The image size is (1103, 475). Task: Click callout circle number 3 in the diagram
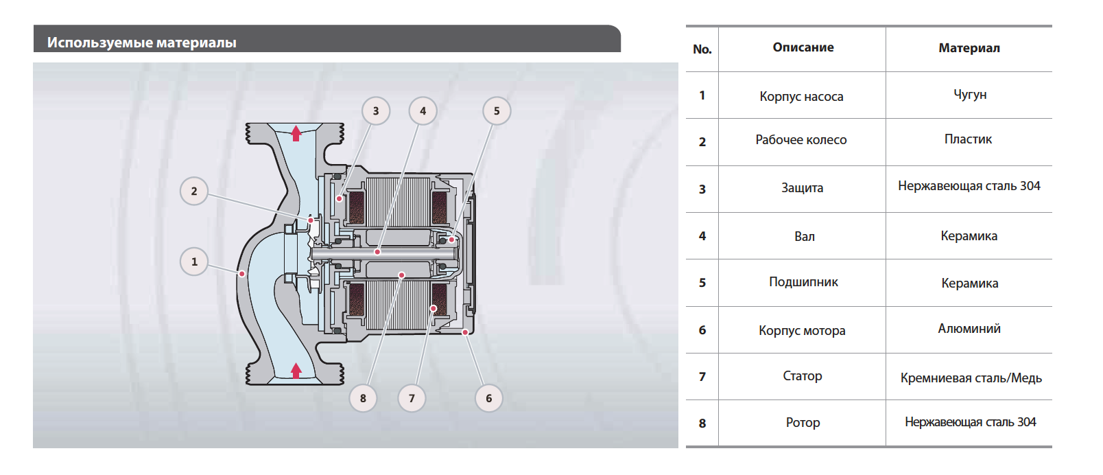click(376, 111)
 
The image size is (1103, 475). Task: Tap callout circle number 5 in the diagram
click(497, 111)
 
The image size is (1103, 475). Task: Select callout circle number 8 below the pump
click(363, 398)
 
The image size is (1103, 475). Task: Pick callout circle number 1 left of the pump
click(194, 262)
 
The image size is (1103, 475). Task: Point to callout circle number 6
click(488, 398)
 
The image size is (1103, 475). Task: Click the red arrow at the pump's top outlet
click(296, 133)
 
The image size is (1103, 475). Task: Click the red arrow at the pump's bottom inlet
click(296, 371)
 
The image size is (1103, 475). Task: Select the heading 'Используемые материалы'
click(142, 43)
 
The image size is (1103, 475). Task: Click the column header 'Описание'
click(803, 47)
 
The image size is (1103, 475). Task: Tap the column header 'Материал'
click(969, 48)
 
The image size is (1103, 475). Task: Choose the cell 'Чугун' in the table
click(970, 95)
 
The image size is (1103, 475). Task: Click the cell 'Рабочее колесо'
click(801, 140)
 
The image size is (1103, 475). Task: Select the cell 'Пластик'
click(968, 139)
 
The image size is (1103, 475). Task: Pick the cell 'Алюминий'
click(969, 329)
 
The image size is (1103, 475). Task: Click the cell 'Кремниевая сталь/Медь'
click(971, 378)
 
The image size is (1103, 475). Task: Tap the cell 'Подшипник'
click(803, 282)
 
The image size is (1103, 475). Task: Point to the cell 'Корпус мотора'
click(802, 330)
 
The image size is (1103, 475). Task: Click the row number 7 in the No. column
click(702, 377)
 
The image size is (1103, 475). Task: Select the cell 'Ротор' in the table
click(803, 423)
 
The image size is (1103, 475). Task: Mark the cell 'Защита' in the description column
click(802, 188)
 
